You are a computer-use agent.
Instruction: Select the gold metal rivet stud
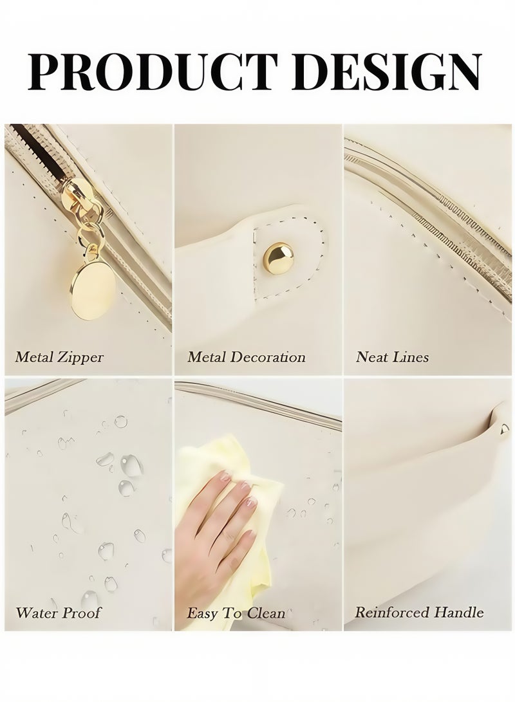click(x=279, y=255)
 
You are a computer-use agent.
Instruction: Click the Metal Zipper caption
click(x=59, y=356)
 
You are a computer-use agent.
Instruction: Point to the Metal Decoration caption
click(x=247, y=356)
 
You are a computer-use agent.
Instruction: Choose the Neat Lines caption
click(x=392, y=356)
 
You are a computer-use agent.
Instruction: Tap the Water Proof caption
click(x=58, y=612)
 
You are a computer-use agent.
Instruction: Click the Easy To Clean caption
click(x=236, y=613)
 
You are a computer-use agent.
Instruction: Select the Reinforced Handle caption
click(x=419, y=612)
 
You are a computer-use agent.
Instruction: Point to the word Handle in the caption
click(x=458, y=612)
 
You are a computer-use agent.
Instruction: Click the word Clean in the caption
click(x=264, y=613)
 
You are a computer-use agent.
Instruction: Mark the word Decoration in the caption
click(x=269, y=356)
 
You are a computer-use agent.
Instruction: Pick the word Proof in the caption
click(x=81, y=612)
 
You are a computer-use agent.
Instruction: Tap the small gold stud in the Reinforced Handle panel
click(x=504, y=427)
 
